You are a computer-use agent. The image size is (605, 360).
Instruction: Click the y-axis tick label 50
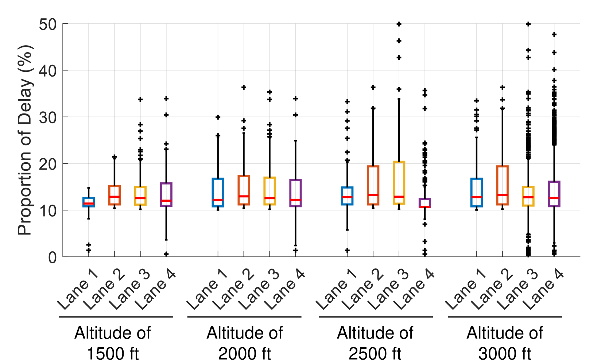click(48, 24)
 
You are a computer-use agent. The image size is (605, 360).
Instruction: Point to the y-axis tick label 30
click(48, 117)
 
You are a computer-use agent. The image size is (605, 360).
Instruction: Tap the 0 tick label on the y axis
click(53, 258)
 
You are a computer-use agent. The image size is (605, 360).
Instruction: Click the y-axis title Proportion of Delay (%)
click(25, 140)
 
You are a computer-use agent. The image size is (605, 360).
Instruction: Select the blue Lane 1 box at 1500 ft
click(89, 202)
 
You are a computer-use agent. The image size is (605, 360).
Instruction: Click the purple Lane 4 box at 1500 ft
click(166, 194)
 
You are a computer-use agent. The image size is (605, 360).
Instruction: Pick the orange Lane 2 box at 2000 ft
click(244, 190)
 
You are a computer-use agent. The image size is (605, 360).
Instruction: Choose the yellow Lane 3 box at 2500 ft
click(399, 182)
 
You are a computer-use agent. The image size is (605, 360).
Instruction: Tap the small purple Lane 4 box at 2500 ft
click(425, 203)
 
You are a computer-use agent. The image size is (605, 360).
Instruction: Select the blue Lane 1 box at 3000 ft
click(477, 193)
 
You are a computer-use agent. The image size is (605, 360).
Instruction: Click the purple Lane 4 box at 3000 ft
click(554, 194)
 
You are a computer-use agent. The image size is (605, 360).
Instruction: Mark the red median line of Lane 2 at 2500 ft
click(373, 195)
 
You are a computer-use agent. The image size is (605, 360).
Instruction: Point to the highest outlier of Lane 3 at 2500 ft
click(399, 24)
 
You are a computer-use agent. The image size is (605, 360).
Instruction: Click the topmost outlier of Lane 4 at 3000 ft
click(554, 35)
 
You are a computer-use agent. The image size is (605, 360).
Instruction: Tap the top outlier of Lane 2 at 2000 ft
click(244, 88)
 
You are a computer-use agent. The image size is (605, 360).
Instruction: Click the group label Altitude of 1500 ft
click(113, 343)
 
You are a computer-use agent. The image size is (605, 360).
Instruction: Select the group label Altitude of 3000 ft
click(505, 343)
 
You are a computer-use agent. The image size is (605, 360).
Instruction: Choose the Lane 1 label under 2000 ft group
click(207, 290)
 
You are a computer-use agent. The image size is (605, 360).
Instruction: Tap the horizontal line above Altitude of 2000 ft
click(244, 317)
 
